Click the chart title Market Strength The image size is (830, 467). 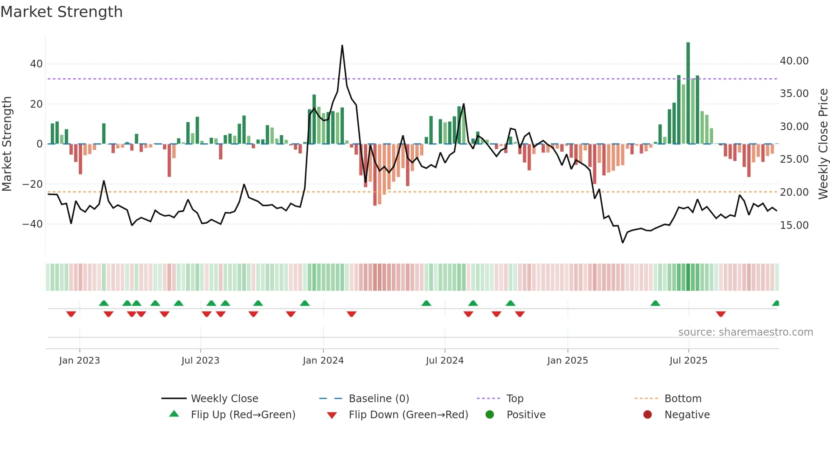point(61,12)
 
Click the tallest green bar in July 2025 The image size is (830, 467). point(688,93)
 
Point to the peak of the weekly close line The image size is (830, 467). point(342,46)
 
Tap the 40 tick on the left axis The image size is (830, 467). point(36,64)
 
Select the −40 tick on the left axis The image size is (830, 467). point(33,224)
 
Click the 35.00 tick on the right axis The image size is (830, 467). point(794,94)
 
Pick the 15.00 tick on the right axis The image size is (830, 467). point(794,225)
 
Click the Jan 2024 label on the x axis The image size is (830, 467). point(323,361)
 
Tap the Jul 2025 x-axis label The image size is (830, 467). point(688,361)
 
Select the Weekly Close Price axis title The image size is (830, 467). point(823,144)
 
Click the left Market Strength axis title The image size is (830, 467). point(7,144)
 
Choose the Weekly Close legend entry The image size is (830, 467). point(224,399)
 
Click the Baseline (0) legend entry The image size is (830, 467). point(379,399)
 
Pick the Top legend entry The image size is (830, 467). point(515,399)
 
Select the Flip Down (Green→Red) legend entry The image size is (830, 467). point(408,415)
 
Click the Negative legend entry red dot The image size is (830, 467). point(647,415)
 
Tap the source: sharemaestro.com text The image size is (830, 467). point(745,332)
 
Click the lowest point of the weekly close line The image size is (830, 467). point(622,242)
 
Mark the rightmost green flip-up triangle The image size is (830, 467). point(776,303)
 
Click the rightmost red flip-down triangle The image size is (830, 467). point(721,314)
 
